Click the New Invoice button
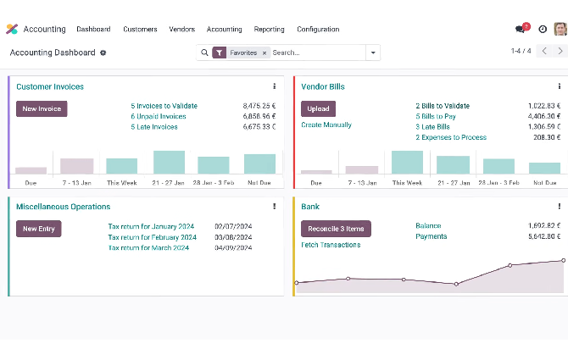(41, 108)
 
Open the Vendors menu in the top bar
(181, 29)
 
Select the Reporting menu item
(269, 29)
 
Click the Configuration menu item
(318, 29)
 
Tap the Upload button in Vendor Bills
(318, 108)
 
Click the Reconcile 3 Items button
(336, 229)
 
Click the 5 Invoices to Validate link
(164, 106)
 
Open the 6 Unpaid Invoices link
(159, 116)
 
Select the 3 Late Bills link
(432, 126)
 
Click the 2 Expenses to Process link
(450, 137)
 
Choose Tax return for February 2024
(152, 237)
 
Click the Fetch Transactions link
(331, 245)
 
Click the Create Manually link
(326, 125)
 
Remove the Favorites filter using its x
(264, 53)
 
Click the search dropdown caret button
(373, 53)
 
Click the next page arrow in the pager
(560, 52)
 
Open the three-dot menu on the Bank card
(559, 207)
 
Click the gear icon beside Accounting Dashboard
(103, 53)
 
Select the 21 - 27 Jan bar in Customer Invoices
(169, 163)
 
